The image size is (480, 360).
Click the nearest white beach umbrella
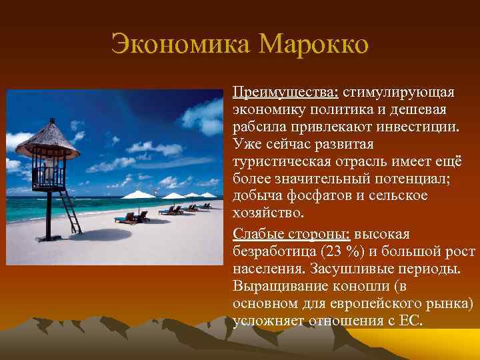tap(139, 195)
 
